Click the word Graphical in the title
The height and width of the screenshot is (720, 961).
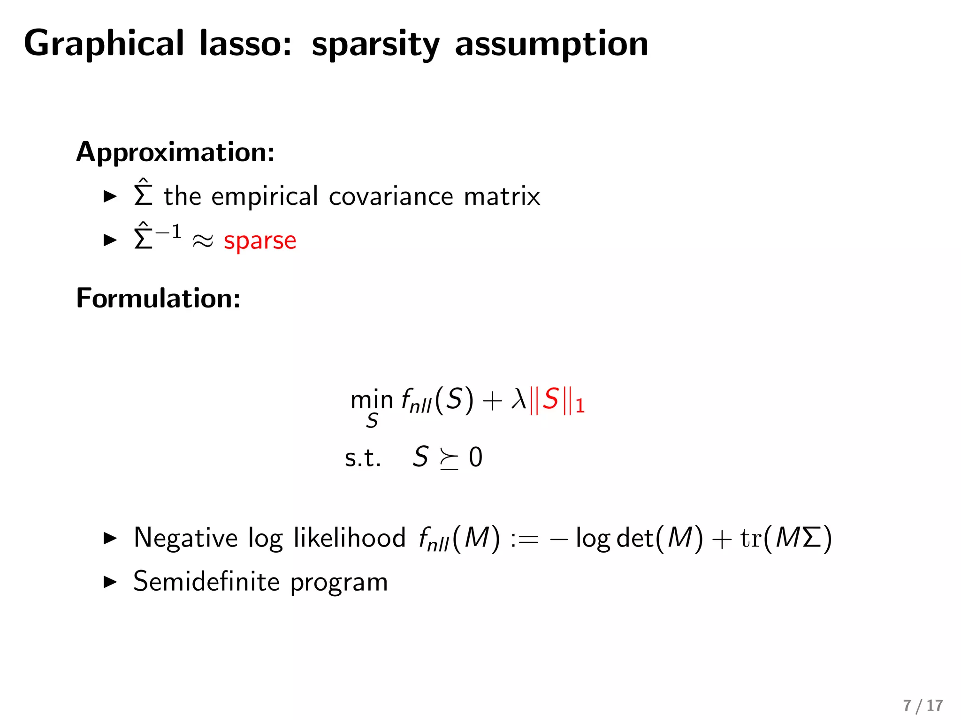click(x=104, y=44)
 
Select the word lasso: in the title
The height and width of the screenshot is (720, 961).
click(x=245, y=44)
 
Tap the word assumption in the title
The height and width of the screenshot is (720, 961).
click(x=551, y=44)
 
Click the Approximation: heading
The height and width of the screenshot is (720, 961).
click(x=175, y=152)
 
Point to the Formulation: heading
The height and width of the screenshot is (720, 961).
click(x=158, y=298)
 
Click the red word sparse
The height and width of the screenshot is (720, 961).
click(x=260, y=241)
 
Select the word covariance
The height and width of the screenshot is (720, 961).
click(x=391, y=196)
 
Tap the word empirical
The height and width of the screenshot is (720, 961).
click(x=265, y=196)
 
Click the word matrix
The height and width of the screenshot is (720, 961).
click(x=502, y=196)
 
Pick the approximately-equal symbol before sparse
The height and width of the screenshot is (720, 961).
click(x=203, y=241)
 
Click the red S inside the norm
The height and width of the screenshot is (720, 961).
click(x=550, y=399)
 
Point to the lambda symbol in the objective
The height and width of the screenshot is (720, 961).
click(x=519, y=399)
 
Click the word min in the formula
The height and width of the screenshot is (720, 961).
click(x=371, y=399)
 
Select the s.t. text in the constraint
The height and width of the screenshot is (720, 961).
click(x=362, y=457)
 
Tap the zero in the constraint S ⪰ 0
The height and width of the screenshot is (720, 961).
click(x=475, y=457)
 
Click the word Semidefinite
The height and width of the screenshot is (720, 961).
click(x=206, y=582)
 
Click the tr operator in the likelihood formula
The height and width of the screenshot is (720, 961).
click(x=750, y=538)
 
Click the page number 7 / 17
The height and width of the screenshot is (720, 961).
click(x=923, y=705)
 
